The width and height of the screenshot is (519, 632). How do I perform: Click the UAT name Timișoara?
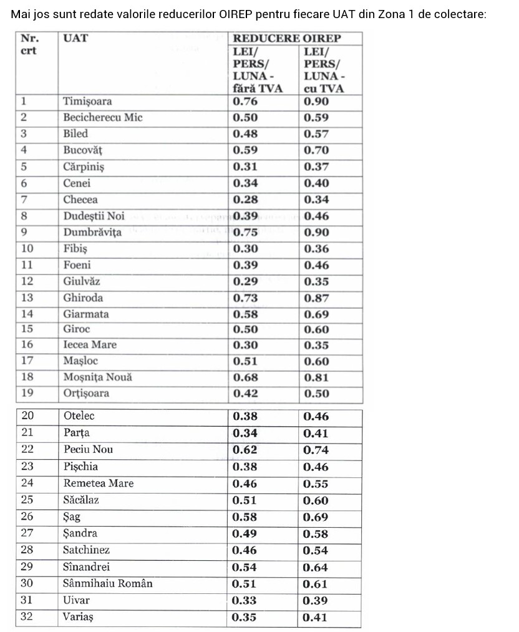click(87, 101)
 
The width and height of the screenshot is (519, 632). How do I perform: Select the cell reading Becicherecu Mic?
click(103, 117)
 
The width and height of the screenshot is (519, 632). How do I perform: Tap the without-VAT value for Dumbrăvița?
click(245, 233)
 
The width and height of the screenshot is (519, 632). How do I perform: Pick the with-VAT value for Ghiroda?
click(316, 298)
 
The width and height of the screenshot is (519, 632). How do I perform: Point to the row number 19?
click(27, 393)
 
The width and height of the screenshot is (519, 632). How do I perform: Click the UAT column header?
click(75, 38)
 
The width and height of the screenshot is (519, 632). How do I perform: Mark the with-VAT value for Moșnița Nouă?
click(316, 377)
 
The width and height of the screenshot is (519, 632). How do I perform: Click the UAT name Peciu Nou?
click(88, 449)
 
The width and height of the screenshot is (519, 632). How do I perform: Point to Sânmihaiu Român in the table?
click(107, 584)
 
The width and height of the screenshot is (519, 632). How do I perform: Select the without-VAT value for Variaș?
click(244, 618)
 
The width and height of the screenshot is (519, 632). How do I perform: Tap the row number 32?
click(27, 616)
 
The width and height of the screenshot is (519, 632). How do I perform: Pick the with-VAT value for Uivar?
click(315, 601)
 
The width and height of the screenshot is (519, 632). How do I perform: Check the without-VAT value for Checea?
click(245, 200)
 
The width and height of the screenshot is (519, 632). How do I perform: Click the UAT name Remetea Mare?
click(98, 483)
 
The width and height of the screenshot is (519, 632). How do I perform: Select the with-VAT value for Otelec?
click(316, 416)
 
